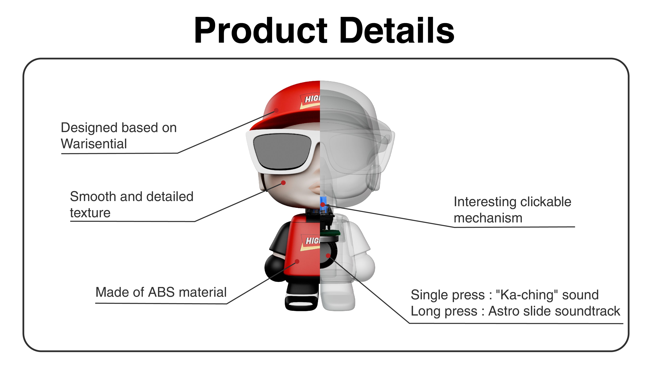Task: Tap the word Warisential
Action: [94, 144]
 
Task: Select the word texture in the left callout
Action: [90, 213]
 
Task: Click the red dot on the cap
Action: [276, 110]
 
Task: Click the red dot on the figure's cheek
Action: [283, 183]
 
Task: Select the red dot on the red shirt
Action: [297, 261]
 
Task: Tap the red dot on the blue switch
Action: [323, 204]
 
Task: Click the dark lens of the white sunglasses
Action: [282, 151]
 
